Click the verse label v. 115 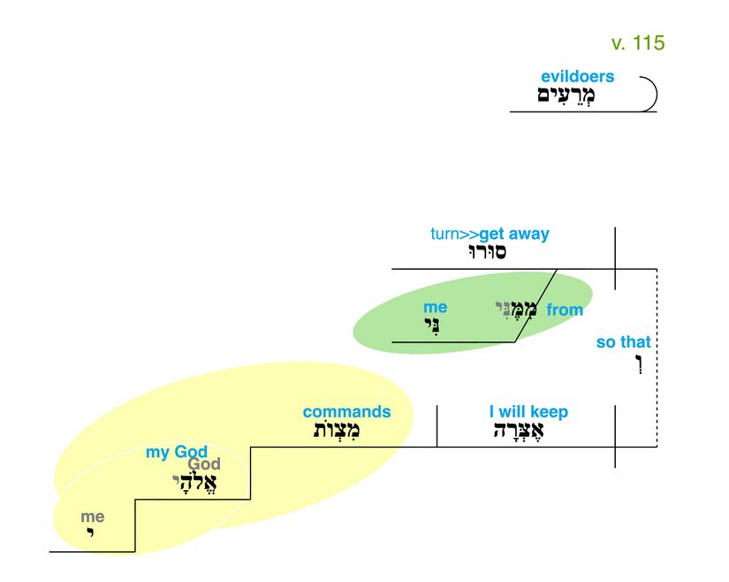(637, 42)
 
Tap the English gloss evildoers (577, 77)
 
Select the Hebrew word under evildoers (567, 96)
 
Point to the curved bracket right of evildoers (650, 93)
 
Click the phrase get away (514, 234)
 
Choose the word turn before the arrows (446, 234)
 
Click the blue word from (565, 310)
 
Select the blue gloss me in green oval (435, 307)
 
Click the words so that (623, 342)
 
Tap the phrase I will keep (528, 411)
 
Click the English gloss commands (346, 411)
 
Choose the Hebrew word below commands (338, 431)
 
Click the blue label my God (177, 453)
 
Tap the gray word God (204, 465)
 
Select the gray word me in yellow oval (92, 517)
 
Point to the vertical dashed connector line (657, 358)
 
